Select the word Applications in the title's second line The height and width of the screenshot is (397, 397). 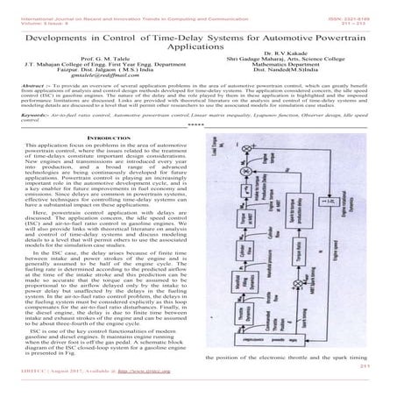pyautogui.click(x=198, y=51)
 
